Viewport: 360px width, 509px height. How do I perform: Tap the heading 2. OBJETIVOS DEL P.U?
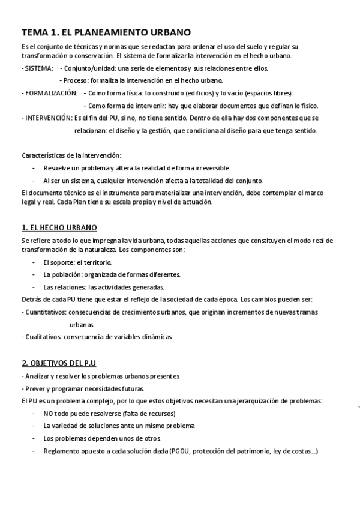pyautogui.click(x=59, y=364)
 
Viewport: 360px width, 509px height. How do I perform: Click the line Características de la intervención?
pyautogui.click(x=71, y=155)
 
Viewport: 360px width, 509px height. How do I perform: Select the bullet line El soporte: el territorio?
pyautogui.click(x=77, y=262)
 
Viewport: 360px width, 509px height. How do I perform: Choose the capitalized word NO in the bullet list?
pyautogui.click(x=48, y=414)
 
